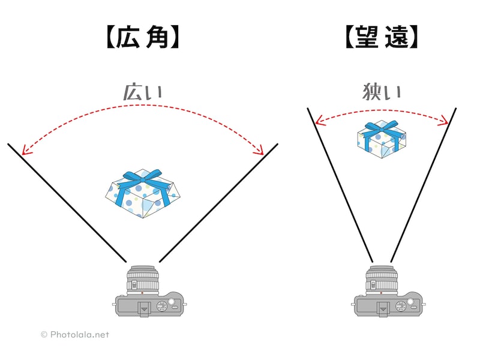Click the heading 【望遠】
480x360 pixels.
(381, 38)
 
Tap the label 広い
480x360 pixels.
(142, 92)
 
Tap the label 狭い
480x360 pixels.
(382, 92)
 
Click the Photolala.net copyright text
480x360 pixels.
(75, 335)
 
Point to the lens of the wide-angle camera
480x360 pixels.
(142, 279)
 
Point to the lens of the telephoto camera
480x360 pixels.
(381, 279)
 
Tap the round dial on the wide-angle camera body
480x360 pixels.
(161, 307)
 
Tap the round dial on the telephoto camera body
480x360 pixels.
(400, 307)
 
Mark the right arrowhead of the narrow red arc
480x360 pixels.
(446, 123)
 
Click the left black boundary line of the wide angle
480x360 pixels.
(66, 203)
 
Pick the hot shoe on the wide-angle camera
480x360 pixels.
(142, 308)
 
